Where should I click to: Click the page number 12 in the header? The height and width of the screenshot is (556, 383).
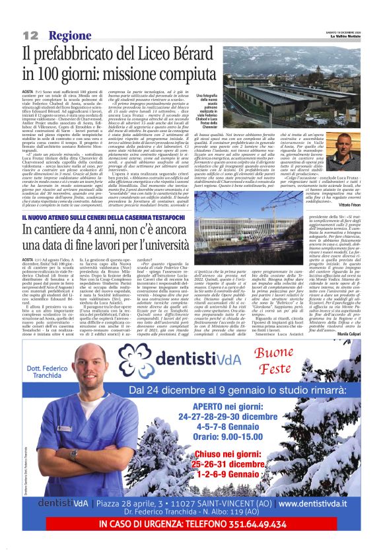click(30, 35)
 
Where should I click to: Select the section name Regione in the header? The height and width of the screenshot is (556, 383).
click(65, 35)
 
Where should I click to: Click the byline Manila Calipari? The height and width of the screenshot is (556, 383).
click(347, 335)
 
